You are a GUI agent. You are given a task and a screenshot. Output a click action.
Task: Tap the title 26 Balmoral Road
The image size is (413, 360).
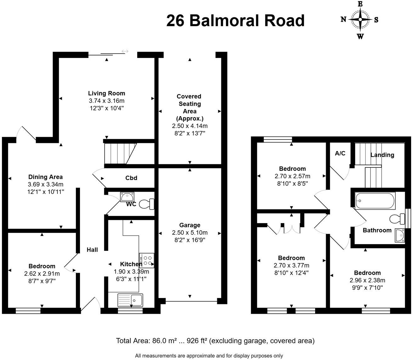(x=235, y=21)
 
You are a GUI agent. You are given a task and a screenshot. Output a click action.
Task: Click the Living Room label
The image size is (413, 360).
(x=106, y=93)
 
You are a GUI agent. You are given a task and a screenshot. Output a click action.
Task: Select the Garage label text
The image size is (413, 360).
(x=190, y=225)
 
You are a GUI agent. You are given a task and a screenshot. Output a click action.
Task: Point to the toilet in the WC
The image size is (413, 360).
(x=147, y=204)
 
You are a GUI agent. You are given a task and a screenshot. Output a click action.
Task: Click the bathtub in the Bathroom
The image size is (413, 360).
(x=375, y=201)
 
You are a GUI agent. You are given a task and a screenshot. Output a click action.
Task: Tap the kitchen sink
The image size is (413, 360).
(x=130, y=300)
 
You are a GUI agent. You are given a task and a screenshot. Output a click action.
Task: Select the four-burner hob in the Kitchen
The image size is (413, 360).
(x=147, y=260)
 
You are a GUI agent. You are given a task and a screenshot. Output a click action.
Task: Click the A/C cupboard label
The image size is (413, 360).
(x=340, y=153)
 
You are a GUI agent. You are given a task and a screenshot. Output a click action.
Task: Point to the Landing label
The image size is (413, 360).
(x=382, y=155)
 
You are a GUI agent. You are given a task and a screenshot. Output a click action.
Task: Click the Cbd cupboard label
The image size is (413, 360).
(x=131, y=178)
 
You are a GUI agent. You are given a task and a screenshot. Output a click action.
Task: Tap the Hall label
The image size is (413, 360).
(x=92, y=250)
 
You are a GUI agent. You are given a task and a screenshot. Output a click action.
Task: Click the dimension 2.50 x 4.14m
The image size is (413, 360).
(x=190, y=126)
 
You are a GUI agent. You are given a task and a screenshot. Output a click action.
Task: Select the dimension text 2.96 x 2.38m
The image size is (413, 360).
(x=367, y=280)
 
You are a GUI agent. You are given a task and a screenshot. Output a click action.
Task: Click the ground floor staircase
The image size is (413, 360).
(x=120, y=154)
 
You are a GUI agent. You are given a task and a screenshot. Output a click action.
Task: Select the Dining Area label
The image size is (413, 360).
(x=46, y=177)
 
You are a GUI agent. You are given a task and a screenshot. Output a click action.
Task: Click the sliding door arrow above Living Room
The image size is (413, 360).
(x=125, y=51)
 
